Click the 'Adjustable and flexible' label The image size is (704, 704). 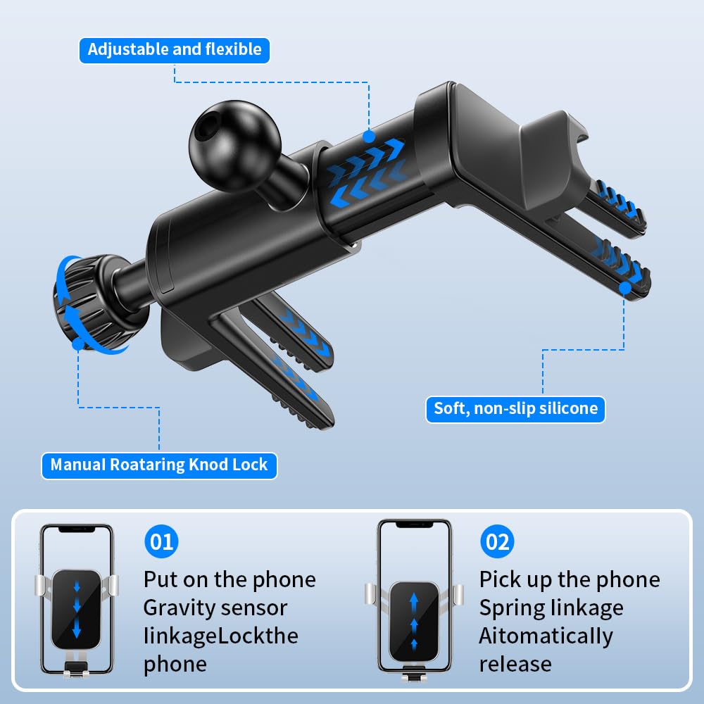pos(174,50)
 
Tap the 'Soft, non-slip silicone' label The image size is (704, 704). pos(515,409)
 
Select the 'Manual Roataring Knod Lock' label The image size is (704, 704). pos(159,465)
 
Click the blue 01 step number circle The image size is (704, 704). pos(161,541)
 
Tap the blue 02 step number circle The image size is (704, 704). pos(497,541)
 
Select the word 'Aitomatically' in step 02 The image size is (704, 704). pos(546,636)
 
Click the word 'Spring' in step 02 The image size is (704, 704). pos(509,609)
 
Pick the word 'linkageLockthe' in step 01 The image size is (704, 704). pos(221,636)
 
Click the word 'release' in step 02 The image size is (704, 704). pos(515,665)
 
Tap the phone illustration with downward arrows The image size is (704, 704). pos(76,601)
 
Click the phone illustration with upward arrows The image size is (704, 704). pos(414,600)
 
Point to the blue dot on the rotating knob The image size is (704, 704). pos(78,344)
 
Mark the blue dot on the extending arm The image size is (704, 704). pos(369,137)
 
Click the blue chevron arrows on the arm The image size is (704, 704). pos(366,173)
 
